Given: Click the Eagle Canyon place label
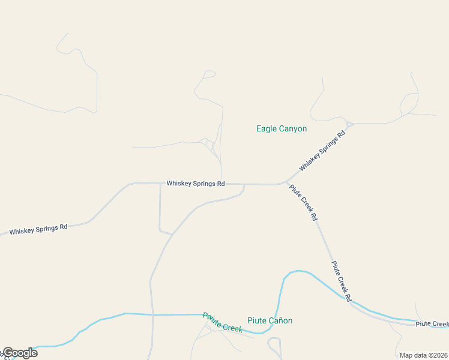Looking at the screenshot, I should click(x=282, y=128).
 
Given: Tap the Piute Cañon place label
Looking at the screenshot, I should click(x=270, y=320).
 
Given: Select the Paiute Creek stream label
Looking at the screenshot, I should click(x=222, y=322).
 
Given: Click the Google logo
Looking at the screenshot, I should click(x=20, y=353).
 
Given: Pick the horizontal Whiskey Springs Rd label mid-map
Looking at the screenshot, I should click(x=195, y=183).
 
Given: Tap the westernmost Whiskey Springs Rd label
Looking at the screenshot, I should click(x=38, y=229).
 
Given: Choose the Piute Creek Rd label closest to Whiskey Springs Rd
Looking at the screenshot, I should click(x=303, y=202).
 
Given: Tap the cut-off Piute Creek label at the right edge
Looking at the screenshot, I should click(x=432, y=323).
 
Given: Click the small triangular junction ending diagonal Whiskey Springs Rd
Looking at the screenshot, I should click(x=349, y=125).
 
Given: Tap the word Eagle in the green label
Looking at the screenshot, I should click(x=266, y=128).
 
